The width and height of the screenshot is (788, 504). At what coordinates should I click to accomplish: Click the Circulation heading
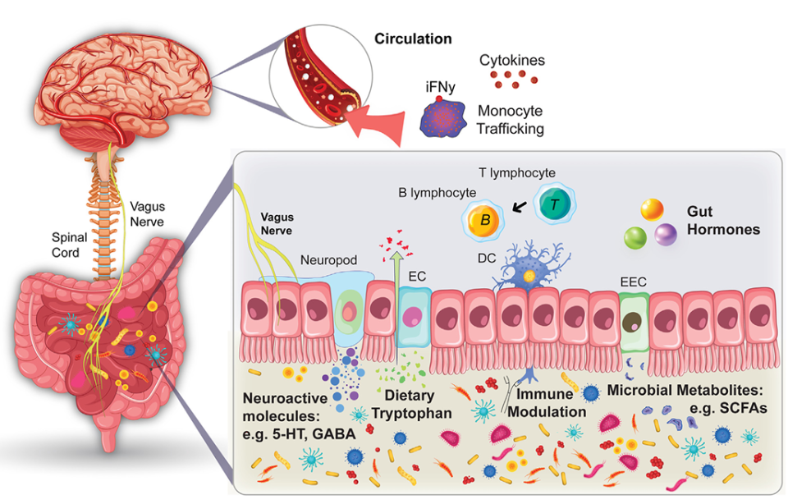pyautogui.click(x=413, y=39)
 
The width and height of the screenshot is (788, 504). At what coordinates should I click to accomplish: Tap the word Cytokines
pyautogui.click(x=511, y=60)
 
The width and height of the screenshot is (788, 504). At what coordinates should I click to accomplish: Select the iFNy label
pyautogui.click(x=440, y=87)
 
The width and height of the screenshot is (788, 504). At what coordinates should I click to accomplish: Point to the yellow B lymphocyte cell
pyautogui.click(x=484, y=221)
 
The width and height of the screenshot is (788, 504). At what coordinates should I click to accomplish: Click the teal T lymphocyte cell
pyautogui.click(x=554, y=204)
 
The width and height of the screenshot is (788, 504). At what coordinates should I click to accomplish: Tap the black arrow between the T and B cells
pyautogui.click(x=520, y=207)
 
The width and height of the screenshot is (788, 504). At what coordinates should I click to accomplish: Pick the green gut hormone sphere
pyautogui.click(x=635, y=237)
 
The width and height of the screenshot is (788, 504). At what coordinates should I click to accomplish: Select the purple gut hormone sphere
pyautogui.click(x=666, y=234)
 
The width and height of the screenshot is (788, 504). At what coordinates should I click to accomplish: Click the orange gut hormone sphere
pyautogui.click(x=652, y=209)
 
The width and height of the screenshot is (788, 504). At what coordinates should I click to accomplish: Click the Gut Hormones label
pyautogui.click(x=723, y=220)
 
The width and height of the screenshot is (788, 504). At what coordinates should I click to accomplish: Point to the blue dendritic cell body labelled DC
pyautogui.click(x=528, y=274)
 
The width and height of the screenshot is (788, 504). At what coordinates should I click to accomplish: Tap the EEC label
pyautogui.click(x=633, y=282)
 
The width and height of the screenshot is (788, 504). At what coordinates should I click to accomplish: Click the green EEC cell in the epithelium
pyautogui.click(x=634, y=322)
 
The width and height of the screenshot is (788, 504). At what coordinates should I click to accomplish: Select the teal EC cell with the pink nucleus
pyautogui.click(x=415, y=317)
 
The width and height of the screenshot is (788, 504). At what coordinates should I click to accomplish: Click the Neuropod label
pyautogui.click(x=328, y=260)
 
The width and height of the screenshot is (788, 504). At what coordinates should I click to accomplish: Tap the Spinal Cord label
pyautogui.click(x=69, y=245)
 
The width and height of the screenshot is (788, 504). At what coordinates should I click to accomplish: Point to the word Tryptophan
pyautogui.click(x=411, y=414)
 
